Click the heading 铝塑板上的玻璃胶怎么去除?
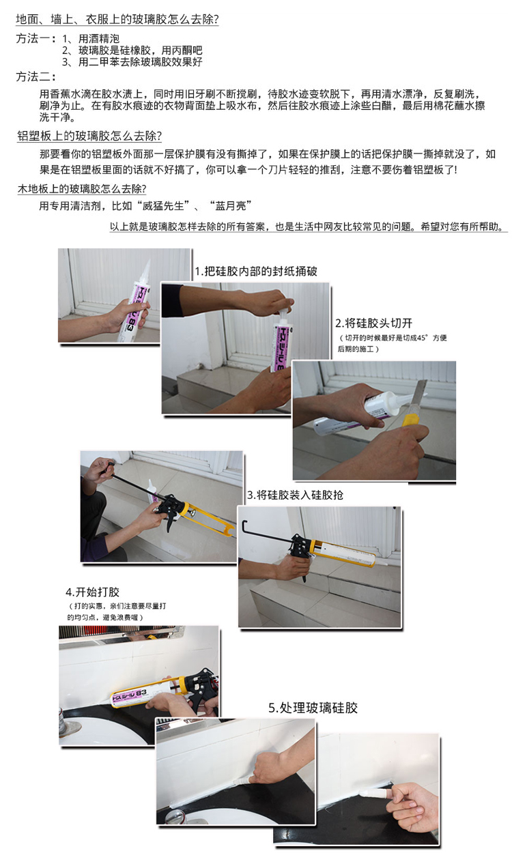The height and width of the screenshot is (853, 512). coord(89,136)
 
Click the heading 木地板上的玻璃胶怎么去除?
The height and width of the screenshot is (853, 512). coord(82,189)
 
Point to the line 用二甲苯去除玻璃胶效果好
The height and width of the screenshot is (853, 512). coord(140,62)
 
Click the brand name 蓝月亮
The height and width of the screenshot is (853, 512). coord(231,206)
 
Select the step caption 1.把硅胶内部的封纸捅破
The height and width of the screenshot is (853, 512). coord(256,271)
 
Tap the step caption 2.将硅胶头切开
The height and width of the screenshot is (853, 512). coord(373,323)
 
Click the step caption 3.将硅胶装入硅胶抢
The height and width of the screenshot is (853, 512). coord(295,495)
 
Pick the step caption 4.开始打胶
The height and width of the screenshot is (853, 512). coord(93,592)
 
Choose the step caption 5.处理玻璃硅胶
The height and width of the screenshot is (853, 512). coord(313,708)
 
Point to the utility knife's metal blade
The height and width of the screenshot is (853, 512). coord(418,392)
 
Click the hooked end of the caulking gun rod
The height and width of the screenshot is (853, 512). coord(244,526)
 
